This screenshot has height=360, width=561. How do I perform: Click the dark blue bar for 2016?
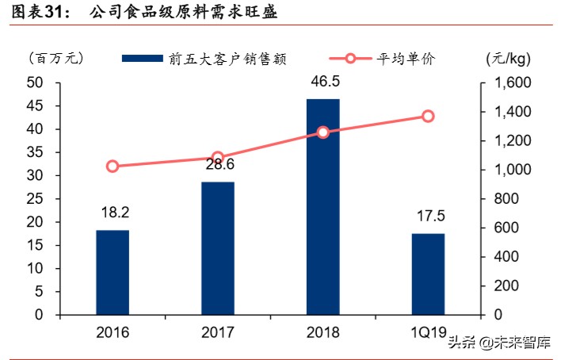pos(113,272)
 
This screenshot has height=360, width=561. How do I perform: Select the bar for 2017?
pos(217,248)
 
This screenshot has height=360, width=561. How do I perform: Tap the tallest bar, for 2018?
pos(322,206)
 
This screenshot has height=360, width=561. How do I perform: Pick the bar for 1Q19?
pos(428,274)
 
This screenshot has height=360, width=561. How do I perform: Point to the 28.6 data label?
pos(217,164)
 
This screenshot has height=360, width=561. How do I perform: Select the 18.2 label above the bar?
pos(113,213)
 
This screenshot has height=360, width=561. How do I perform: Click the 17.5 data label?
pos(428,216)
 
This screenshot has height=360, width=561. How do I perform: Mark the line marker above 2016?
pos(113,167)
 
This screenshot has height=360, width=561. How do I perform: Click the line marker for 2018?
pos(322,132)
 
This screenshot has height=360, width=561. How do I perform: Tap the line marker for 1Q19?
pos(428,117)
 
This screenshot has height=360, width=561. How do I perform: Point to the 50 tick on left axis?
pos(34,82)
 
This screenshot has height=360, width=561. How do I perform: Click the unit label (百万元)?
pos(55,58)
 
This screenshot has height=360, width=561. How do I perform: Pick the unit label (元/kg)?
pos(507,58)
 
